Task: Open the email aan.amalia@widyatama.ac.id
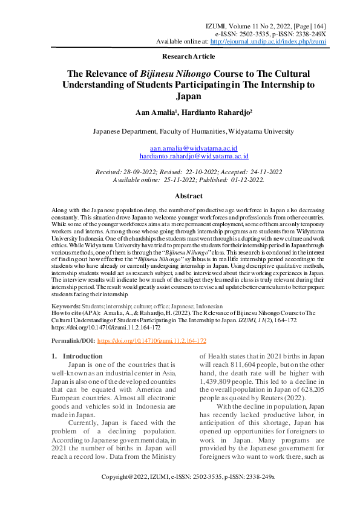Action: [193, 148]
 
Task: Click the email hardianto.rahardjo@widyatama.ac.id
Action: [194, 156]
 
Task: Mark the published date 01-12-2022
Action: [244, 180]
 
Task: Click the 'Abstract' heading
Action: [188, 196]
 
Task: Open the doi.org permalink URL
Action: [151, 341]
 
